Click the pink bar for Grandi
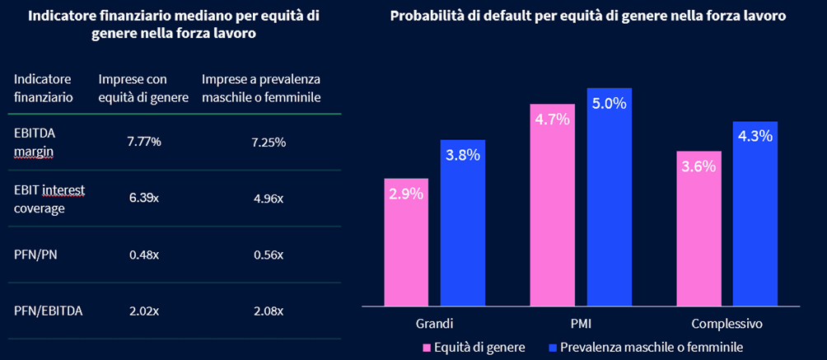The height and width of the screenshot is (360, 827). (x=406, y=242)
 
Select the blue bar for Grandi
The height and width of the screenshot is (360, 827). (x=463, y=222)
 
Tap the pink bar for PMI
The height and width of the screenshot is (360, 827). (x=552, y=205)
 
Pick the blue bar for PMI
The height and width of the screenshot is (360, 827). (x=610, y=197)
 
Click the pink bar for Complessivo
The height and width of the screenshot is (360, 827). (x=699, y=228)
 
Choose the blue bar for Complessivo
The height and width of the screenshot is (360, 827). (x=755, y=214)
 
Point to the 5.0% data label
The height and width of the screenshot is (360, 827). (x=610, y=103)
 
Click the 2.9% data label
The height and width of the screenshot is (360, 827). (x=406, y=194)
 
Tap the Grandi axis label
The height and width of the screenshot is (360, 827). (x=435, y=323)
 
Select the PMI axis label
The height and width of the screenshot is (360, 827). (x=581, y=323)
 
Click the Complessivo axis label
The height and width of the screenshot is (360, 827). (x=727, y=324)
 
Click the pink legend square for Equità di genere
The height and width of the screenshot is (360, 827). (x=427, y=347)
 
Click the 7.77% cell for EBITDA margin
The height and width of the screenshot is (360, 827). (x=144, y=142)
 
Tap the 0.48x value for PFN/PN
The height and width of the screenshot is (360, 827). (x=144, y=255)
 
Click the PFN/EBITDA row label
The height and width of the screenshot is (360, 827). (x=48, y=311)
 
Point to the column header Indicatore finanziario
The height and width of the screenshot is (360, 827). (x=44, y=88)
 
